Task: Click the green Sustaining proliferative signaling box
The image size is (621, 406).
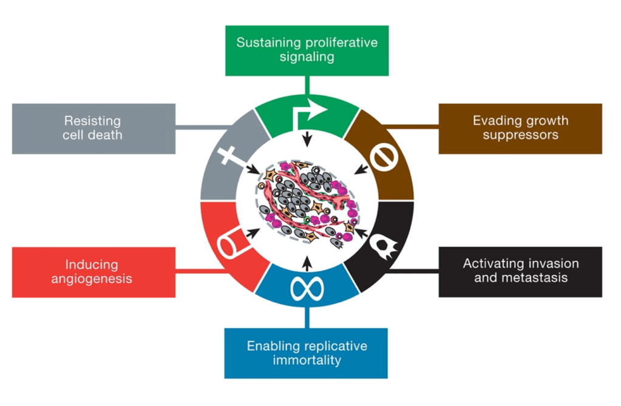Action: pyautogui.click(x=307, y=50)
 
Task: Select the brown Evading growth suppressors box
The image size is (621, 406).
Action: pyautogui.click(x=520, y=128)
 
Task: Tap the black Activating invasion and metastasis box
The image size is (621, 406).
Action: pyautogui.click(x=520, y=271)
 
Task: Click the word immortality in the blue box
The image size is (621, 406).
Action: pyautogui.click(x=307, y=360)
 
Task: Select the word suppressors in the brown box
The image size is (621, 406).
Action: pyautogui.click(x=520, y=135)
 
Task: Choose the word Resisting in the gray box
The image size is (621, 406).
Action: pyautogui.click(x=92, y=121)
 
